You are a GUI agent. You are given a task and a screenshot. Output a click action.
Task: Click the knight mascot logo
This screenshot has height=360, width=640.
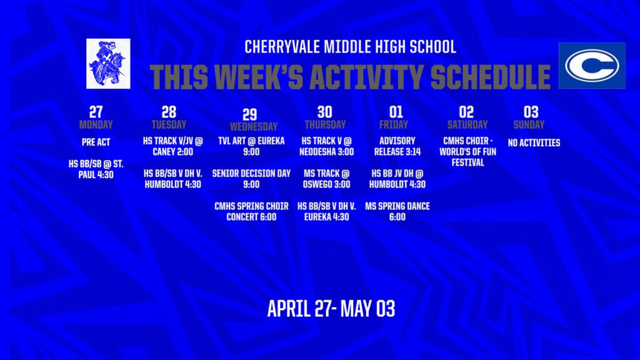point(108,63)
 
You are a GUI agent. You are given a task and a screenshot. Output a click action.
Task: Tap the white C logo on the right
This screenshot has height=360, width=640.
point(591,66)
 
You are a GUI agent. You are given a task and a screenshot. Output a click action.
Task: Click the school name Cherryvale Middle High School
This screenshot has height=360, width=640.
point(350,47)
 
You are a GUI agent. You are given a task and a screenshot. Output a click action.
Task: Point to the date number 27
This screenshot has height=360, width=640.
point(96,112)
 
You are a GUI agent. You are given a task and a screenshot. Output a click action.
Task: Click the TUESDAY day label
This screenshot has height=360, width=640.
point(169,124)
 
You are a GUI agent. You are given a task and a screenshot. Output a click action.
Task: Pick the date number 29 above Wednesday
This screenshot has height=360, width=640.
point(249,114)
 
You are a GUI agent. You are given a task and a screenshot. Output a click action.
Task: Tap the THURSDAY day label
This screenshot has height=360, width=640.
point(325,124)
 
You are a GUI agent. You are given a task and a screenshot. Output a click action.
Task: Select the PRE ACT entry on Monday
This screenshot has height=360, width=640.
point(96,142)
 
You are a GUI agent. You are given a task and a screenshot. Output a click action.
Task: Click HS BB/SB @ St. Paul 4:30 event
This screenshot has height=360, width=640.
point(96,169)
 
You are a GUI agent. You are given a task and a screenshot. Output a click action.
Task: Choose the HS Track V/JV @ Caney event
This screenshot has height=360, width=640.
point(169,146)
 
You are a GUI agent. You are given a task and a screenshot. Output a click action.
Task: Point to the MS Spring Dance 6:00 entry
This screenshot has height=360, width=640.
point(397,211)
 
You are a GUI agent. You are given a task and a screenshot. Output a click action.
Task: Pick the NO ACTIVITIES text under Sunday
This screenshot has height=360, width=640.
point(534,143)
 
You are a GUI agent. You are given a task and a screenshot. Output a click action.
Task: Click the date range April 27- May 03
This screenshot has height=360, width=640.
point(331,309)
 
